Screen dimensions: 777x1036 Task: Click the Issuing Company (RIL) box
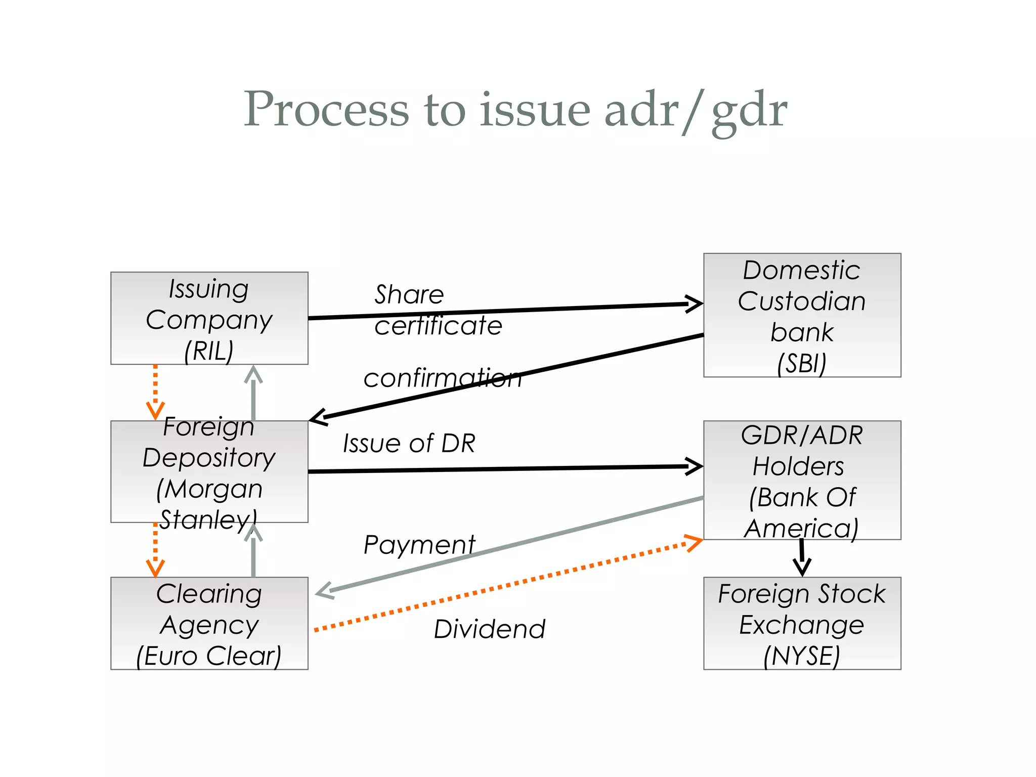(209, 318)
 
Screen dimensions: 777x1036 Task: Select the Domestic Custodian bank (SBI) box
(802, 315)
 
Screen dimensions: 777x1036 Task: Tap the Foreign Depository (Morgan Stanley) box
(209, 471)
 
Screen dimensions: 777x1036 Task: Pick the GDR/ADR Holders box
(802, 480)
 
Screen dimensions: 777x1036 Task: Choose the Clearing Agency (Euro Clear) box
(209, 623)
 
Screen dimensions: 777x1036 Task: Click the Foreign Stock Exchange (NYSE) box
(802, 623)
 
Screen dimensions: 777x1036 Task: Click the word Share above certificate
(409, 294)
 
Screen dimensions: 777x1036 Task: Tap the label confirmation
(442, 378)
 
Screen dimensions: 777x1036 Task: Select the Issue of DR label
(409, 443)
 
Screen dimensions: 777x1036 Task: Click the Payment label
(419, 545)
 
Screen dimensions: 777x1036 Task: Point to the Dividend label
(489, 629)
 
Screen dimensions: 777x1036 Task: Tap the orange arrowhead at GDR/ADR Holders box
(694, 542)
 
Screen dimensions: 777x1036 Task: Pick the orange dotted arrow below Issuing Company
(155, 392)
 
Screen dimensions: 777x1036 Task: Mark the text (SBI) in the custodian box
(802, 363)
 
